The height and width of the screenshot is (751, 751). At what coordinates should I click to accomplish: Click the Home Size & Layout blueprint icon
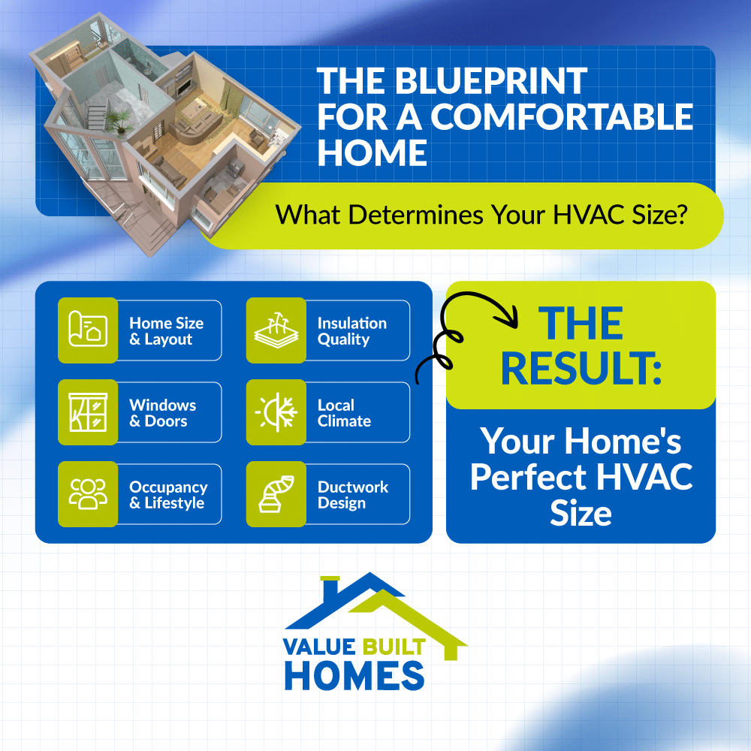point(88,330)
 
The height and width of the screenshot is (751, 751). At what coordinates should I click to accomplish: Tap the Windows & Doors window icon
point(88,412)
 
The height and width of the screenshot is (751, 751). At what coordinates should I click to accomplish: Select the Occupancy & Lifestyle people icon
point(88,494)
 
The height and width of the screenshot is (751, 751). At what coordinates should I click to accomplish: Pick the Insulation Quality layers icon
point(276,330)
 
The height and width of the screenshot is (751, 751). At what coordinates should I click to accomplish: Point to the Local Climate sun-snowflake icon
point(276,412)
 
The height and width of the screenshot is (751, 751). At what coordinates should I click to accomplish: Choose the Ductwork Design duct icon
point(276,494)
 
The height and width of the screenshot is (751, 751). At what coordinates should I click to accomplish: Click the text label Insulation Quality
point(351,331)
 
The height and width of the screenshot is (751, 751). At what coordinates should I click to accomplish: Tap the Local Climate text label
point(344,413)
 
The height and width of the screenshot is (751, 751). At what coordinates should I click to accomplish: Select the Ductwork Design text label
point(352,495)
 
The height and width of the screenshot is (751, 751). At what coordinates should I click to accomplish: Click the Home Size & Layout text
point(166,331)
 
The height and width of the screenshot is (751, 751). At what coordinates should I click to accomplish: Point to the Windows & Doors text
point(162,413)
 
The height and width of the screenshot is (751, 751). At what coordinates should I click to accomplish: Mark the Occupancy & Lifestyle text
point(167,495)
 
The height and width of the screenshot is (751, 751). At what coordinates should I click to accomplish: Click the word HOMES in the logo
point(354,674)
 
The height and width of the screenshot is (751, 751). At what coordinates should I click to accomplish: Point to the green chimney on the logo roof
point(327,586)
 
